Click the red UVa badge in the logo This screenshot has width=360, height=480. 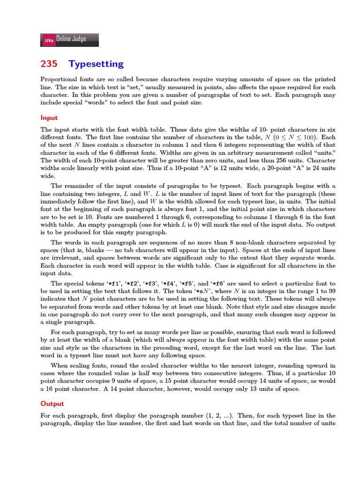click(49, 40)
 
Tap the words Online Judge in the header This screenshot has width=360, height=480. click(71, 39)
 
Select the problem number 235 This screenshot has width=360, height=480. click(49, 64)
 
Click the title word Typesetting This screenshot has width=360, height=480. click(96, 64)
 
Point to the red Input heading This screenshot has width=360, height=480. click(49, 118)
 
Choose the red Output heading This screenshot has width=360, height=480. click(52, 404)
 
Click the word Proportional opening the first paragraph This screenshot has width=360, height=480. click(58, 80)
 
